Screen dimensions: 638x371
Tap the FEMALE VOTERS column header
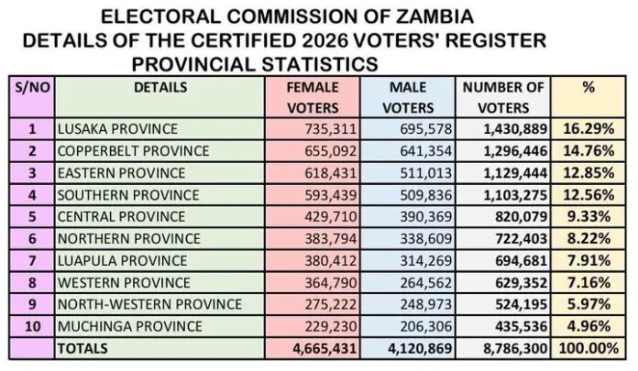[313, 98]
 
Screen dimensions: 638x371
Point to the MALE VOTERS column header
[408, 98]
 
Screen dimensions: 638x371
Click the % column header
[588, 87]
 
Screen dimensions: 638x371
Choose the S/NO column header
[32, 87]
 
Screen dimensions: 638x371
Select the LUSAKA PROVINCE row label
[117, 129]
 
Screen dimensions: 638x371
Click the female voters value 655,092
[331, 151]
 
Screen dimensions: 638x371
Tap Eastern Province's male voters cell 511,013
[426, 173]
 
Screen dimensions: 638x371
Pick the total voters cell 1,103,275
[515, 195]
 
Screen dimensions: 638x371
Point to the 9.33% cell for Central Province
[588, 217]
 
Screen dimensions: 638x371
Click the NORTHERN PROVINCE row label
[129, 239]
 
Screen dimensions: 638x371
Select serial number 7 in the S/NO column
[33, 261]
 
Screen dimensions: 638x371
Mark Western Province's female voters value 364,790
[331, 283]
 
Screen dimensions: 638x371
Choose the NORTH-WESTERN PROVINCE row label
[149, 304]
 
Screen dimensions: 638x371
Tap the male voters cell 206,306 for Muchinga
[426, 326]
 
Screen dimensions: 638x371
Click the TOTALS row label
[82, 348]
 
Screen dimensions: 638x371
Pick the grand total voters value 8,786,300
[515, 349]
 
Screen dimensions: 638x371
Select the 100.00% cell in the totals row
[588, 348]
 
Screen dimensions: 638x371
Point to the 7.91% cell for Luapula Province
[588, 261]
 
